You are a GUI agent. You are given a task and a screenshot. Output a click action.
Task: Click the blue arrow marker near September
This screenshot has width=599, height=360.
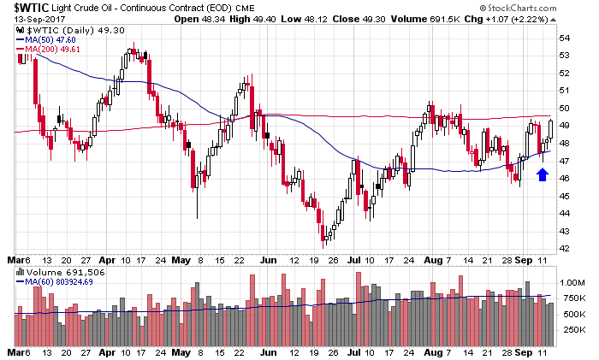pyautogui.click(x=541, y=174)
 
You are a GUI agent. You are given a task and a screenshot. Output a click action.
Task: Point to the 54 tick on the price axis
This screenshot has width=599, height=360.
pyautogui.click(x=566, y=38)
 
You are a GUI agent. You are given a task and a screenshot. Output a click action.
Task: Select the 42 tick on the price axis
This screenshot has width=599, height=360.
pyautogui.click(x=566, y=249)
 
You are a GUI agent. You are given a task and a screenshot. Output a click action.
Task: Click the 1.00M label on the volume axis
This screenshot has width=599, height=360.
pyautogui.click(x=571, y=281)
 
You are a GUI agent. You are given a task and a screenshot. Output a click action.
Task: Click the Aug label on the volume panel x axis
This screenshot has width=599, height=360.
pyautogui.click(x=426, y=350)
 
